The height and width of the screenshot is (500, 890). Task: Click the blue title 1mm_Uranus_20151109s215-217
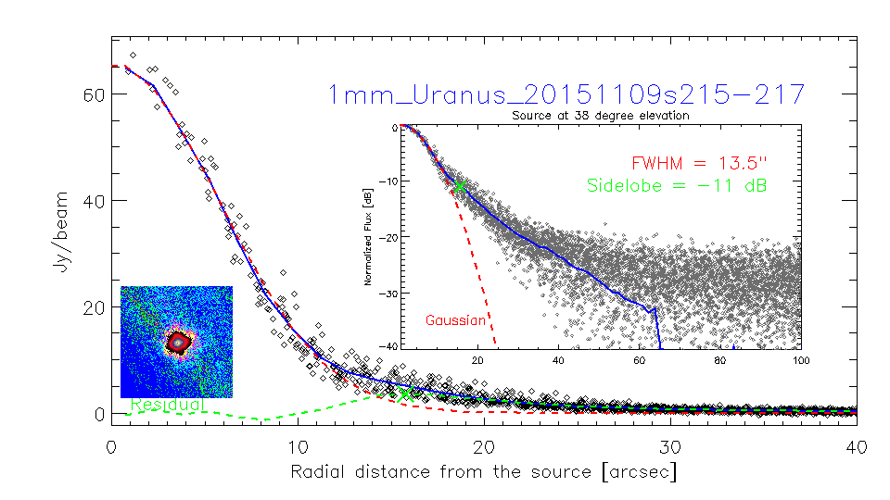point(566,94)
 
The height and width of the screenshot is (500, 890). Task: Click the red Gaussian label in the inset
point(456,320)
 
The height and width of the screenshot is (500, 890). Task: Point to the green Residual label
point(168,405)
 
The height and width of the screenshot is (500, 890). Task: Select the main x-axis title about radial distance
point(484,472)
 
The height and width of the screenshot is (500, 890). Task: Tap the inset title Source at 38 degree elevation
point(600,116)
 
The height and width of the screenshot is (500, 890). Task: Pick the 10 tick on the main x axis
point(298,446)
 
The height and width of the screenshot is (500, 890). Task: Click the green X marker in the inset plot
point(459,186)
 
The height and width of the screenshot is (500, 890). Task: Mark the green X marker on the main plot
point(405,394)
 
